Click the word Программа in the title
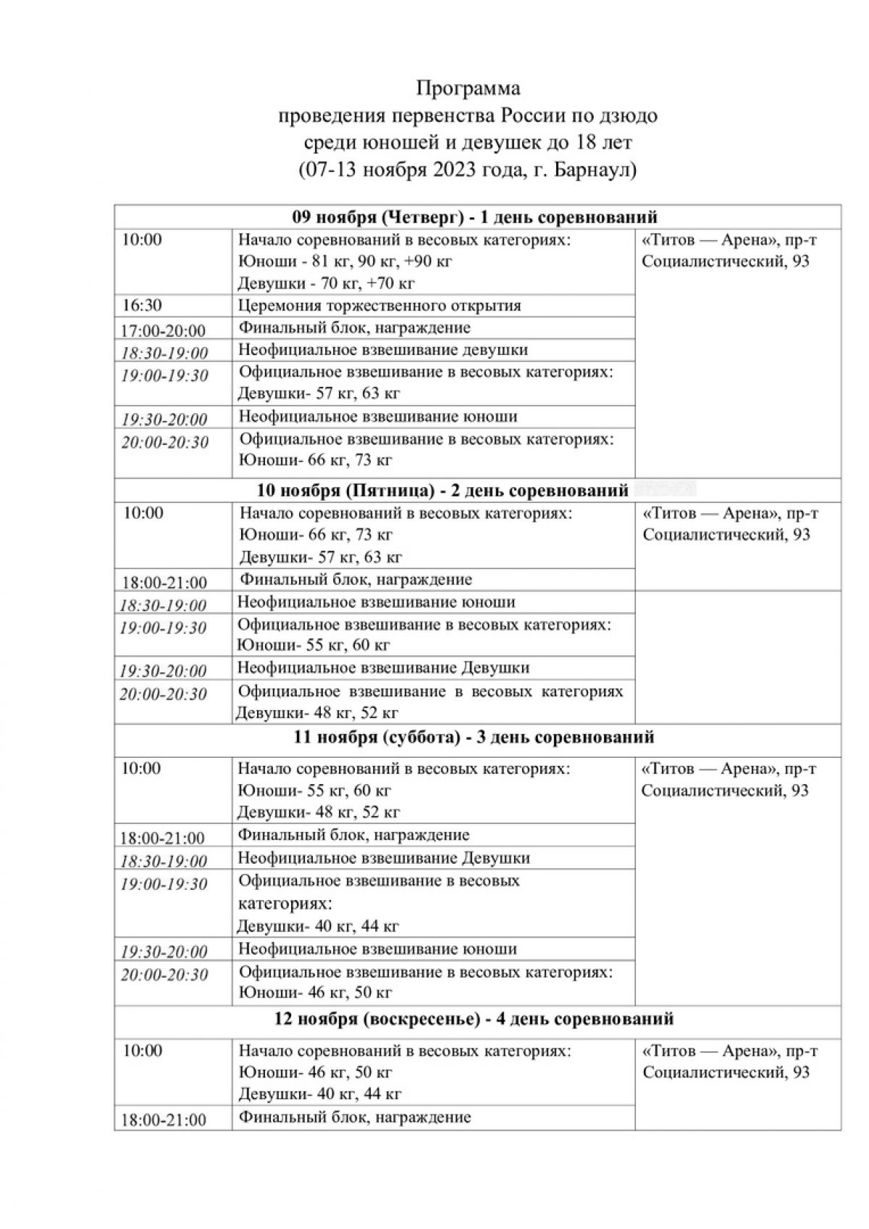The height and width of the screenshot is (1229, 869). [x=468, y=88]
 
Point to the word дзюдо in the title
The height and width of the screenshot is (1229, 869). [x=627, y=116]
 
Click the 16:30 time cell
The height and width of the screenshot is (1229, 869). [x=143, y=305]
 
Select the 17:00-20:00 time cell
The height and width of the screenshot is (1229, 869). [x=163, y=330]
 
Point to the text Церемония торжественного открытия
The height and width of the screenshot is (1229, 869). [x=379, y=305]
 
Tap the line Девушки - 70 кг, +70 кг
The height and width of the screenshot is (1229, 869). [x=327, y=283]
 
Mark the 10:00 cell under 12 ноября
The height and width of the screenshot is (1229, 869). [x=142, y=1051]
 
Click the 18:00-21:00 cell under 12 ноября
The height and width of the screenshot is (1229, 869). [x=163, y=1120]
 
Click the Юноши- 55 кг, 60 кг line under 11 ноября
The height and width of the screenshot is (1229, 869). [x=315, y=790]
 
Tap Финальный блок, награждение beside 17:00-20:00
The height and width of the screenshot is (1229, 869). [x=354, y=328]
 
